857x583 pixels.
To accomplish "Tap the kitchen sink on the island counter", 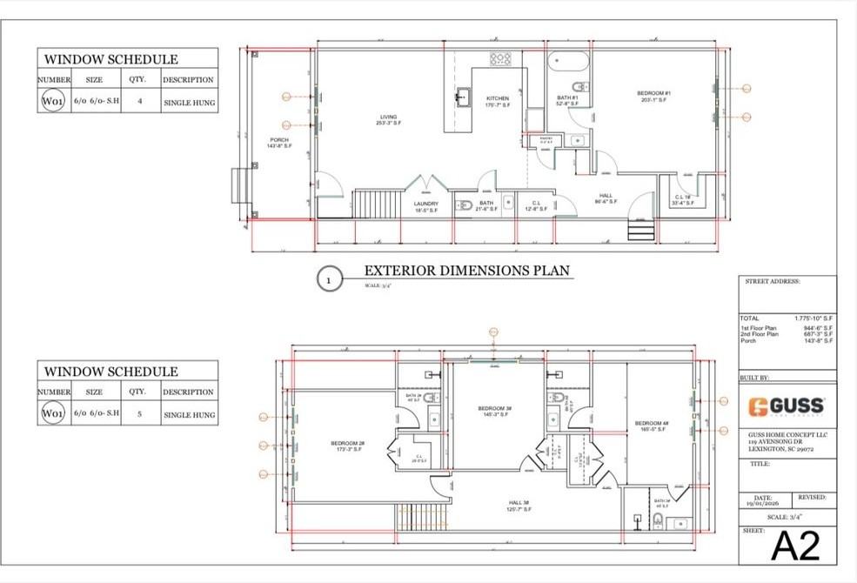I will coord(460,95).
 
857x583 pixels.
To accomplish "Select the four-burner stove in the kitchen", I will coord(500,59).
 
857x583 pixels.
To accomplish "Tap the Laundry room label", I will coord(425,207).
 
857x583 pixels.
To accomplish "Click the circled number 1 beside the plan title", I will coord(328,279).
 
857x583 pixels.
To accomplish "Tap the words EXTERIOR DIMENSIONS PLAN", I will coord(466,271).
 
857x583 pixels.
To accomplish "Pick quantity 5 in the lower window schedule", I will coord(138,415).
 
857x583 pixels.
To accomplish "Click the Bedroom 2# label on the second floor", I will coord(347,447).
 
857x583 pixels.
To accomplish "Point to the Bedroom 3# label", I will coord(494,411).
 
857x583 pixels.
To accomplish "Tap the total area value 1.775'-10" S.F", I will coord(813,319).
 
